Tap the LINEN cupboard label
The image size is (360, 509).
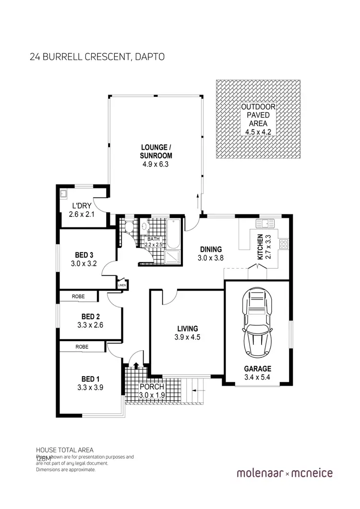click(122, 286)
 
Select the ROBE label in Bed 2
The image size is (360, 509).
click(78, 296)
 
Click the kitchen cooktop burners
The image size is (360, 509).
click(283, 244)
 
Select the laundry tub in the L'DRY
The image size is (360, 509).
click(64, 194)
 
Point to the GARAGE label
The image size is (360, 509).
click(257, 368)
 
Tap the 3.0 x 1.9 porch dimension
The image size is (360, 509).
click(152, 395)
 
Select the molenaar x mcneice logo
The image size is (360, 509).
click(285, 473)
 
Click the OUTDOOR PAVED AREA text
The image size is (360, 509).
click(258, 115)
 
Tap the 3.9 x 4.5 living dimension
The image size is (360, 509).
click(188, 337)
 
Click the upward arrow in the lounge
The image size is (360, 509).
click(198, 201)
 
